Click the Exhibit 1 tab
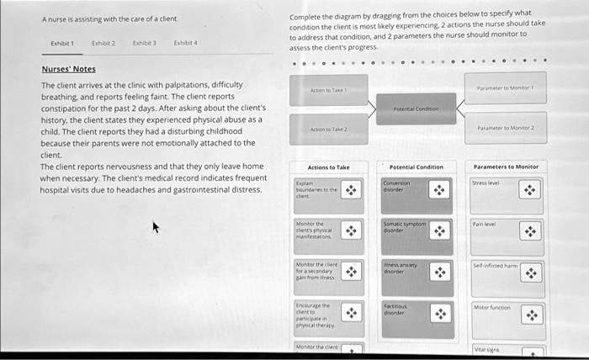(x=63, y=42)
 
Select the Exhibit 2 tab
(x=103, y=42)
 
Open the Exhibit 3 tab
(x=144, y=42)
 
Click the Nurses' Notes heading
(x=68, y=70)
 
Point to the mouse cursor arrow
(x=154, y=226)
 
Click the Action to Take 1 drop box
(x=328, y=90)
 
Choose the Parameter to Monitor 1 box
(x=505, y=87)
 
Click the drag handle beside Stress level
(x=529, y=191)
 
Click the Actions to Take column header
(x=328, y=167)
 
